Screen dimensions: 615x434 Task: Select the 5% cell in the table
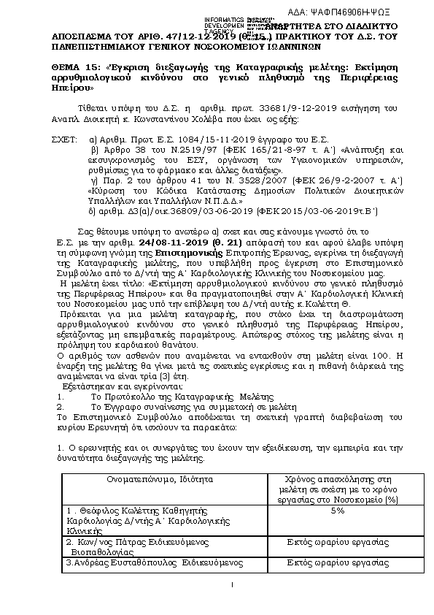point(336,511)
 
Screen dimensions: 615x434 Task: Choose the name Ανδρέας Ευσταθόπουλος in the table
point(123,563)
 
